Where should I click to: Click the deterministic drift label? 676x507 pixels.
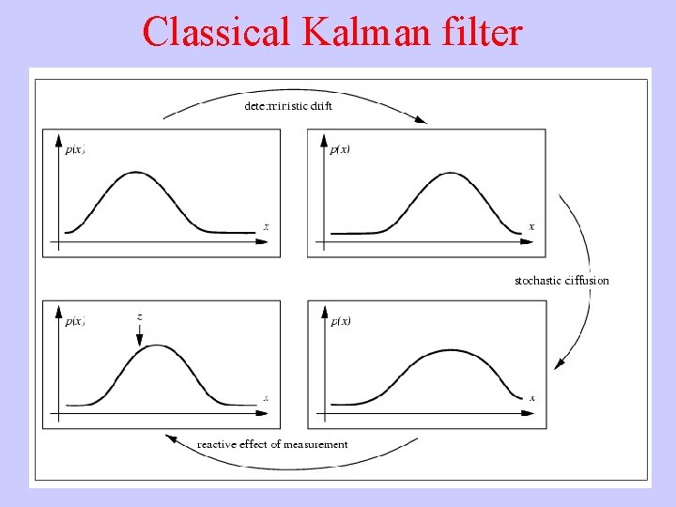click(288, 106)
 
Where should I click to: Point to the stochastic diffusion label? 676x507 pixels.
click(561, 281)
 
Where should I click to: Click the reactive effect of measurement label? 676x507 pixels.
click(272, 445)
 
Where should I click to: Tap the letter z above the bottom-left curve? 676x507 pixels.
click(139, 317)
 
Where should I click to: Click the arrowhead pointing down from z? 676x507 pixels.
click(139, 344)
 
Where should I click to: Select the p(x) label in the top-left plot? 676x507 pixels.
click(75, 149)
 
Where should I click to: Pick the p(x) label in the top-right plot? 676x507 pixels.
click(340, 149)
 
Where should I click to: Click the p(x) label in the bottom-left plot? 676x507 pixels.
click(75, 321)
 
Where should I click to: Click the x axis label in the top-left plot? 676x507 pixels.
click(267, 227)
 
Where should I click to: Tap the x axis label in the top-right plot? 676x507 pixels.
click(531, 226)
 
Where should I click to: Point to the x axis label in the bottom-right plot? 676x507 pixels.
click(531, 398)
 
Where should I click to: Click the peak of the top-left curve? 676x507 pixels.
click(137, 172)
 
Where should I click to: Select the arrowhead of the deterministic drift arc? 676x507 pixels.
click(422, 120)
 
